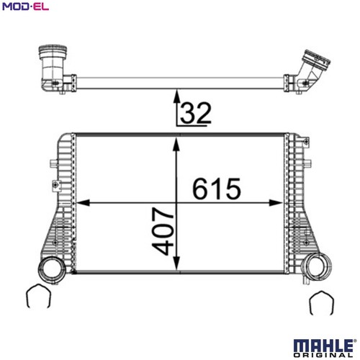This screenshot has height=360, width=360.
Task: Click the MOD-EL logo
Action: tap(25, 6)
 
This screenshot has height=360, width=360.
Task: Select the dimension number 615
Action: tap(217, 189)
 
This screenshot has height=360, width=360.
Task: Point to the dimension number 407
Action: tap(163, 231)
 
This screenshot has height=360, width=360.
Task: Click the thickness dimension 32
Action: tap(196, 112)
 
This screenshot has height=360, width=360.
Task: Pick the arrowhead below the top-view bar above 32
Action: tap(177, 96)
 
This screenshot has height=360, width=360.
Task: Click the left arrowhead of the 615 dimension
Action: tap(83, 203)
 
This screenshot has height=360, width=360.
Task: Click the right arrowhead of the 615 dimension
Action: tap(276, 203)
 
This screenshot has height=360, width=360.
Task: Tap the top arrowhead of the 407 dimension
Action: tap(176, 145)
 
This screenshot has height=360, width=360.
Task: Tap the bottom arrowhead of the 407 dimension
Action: tap(176, 263)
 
